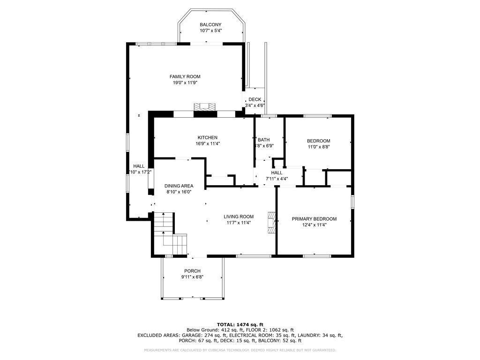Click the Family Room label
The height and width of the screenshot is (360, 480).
click(x=185, y=76)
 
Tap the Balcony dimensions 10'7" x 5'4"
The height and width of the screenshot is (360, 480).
click(x=210, y=30)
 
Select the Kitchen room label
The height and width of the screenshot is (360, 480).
click(x=207, y=137)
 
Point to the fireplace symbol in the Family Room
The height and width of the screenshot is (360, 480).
click(x=206, y=106)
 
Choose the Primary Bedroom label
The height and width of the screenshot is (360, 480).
click(x=314, y=219)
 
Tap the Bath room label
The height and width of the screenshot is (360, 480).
click(x=263, y=140)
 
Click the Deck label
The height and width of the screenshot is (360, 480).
click(x=255, y=99)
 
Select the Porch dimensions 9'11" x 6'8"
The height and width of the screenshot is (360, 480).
click(x=192, y=277)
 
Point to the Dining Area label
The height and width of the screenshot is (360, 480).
click(x=179, y=186)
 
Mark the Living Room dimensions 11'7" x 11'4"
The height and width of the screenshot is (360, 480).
click(x=238, y=223)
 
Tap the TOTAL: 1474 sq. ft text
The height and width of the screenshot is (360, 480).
click(x=240, y=324)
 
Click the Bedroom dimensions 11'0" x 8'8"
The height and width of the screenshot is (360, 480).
click(x=318, y=147)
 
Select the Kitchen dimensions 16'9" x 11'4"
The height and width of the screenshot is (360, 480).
click(x=207, y=143)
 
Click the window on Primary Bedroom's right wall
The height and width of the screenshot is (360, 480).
click(x=352, y=201)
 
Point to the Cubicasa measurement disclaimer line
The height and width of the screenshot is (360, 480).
click(x=240, y=350)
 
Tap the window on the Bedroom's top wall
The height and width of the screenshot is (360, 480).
click(x=317, y=115)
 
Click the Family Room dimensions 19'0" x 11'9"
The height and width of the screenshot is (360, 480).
click(x=185, y=82)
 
